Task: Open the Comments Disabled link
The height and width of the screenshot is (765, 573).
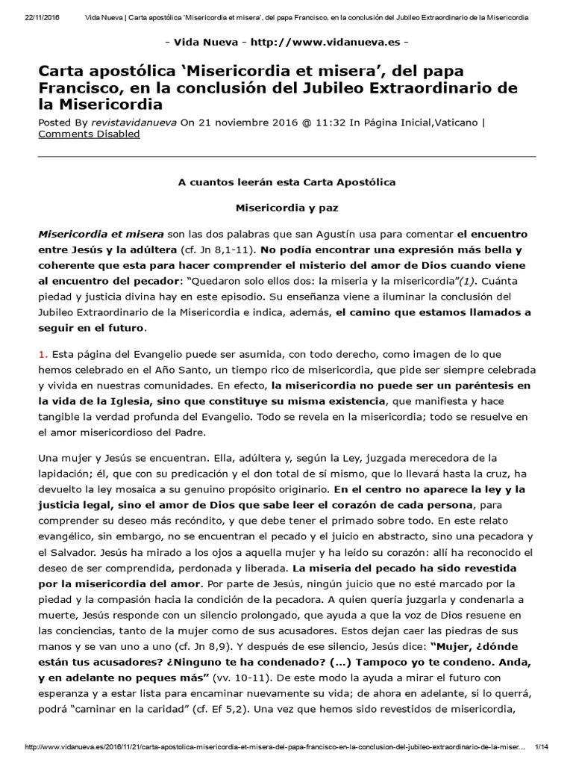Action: [89, 134]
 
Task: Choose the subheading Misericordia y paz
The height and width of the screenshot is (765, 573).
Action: [286, 207]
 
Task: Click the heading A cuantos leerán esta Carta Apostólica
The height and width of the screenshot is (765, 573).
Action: [286, 182]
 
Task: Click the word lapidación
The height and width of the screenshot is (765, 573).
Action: [67, 473]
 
